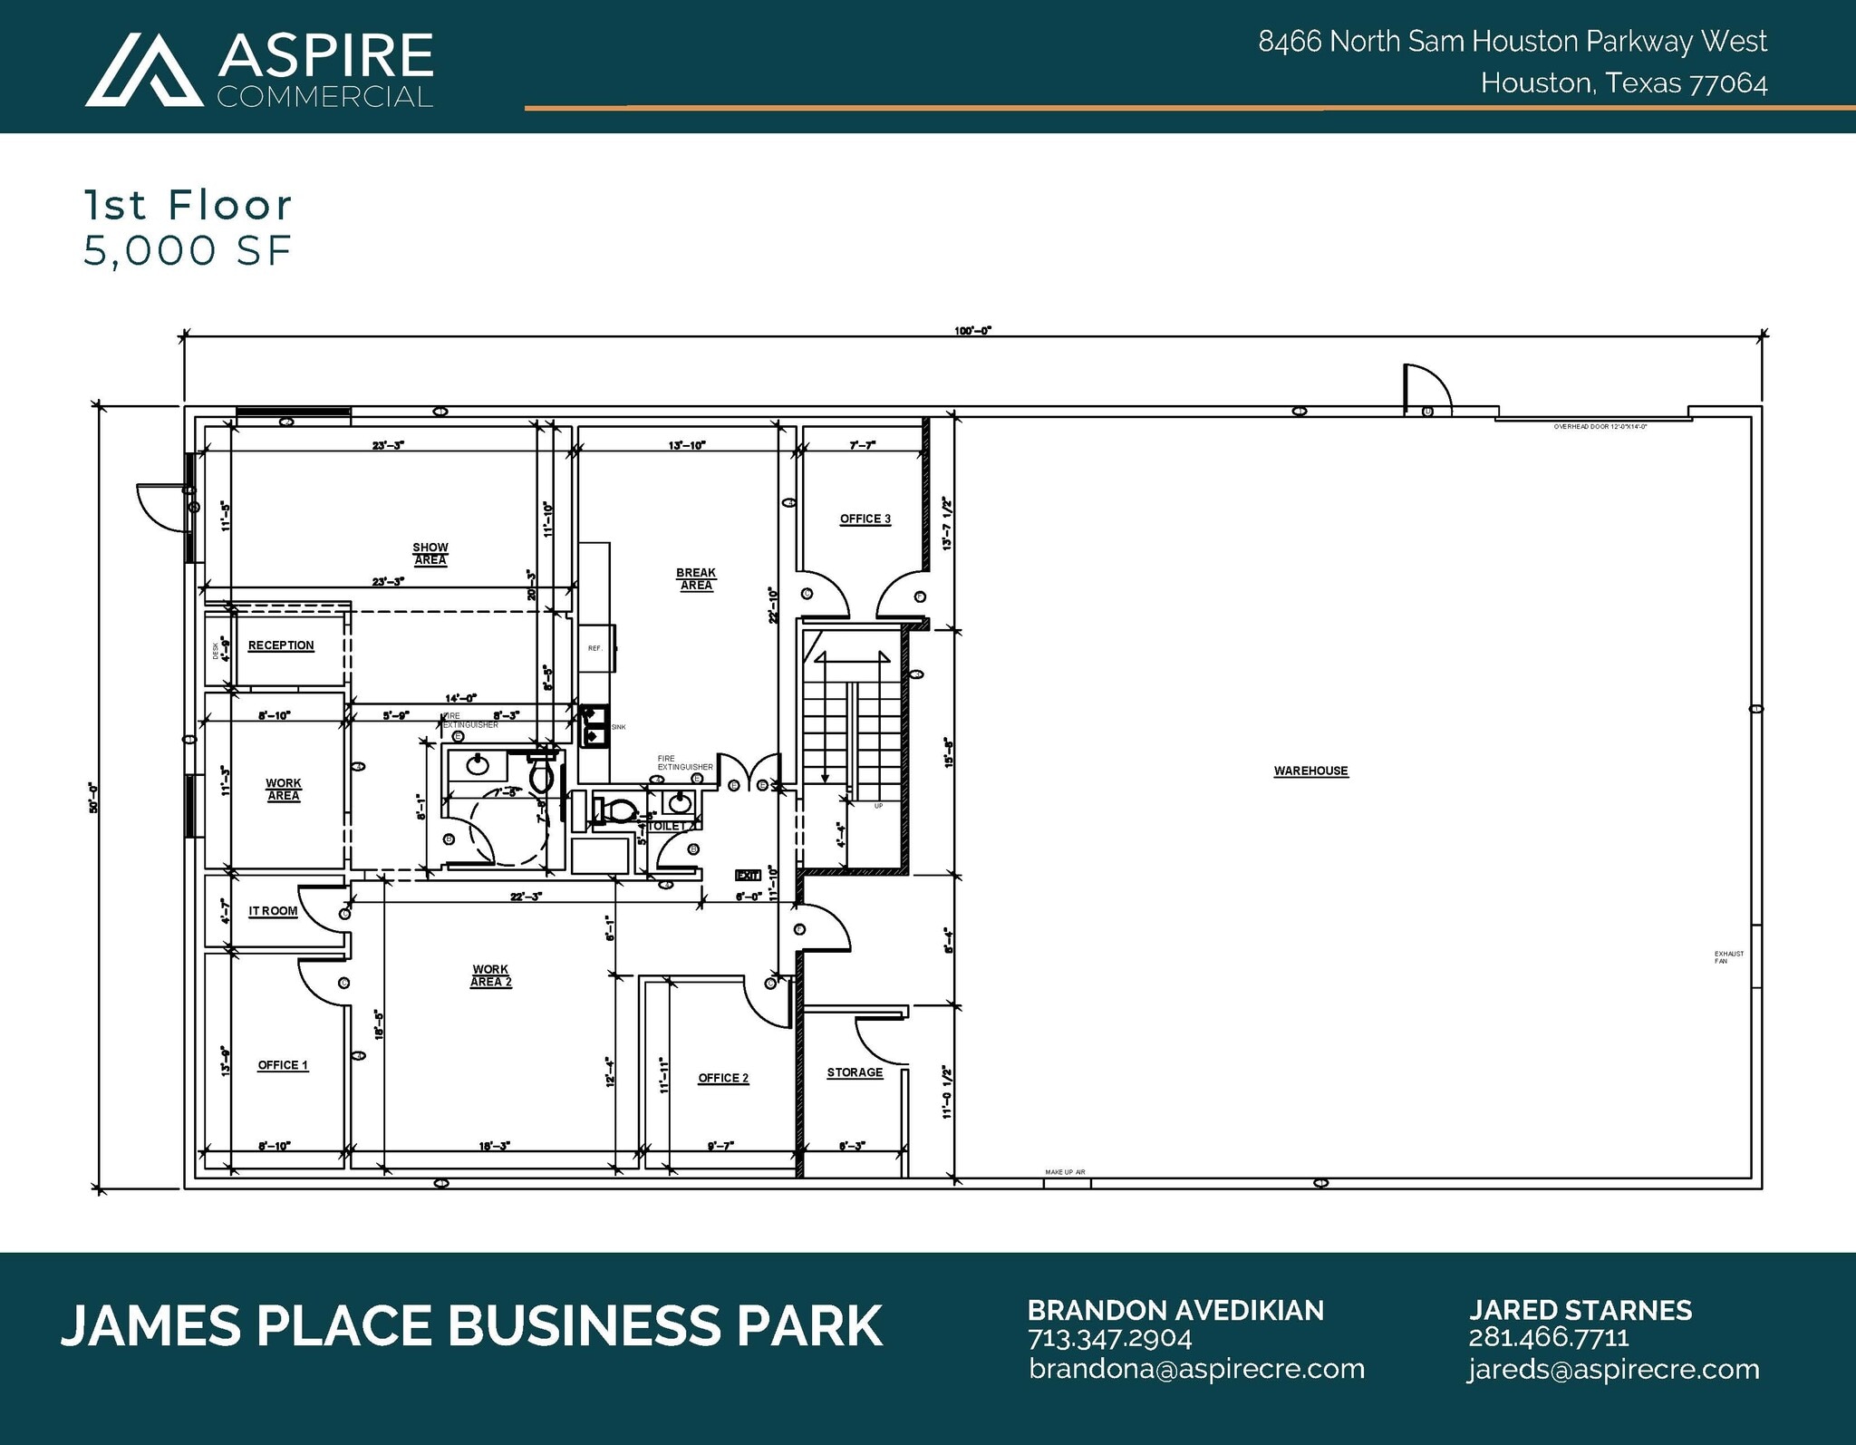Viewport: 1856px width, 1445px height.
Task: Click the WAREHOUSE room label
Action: pyautogui.click(x=1310, y=771)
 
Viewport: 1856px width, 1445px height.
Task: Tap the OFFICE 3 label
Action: pyautogui.click(x=865, y=519)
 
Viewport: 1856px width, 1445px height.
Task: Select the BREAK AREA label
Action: pyautogui.click(x=696, y=578)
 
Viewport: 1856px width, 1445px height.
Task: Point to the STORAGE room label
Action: pyautogui.click(x=854, y=1072)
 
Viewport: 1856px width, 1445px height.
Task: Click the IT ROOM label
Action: pyautogui.click(x=273, y=911)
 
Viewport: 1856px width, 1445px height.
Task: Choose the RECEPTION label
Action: pyautogui.click(x=281, y=645)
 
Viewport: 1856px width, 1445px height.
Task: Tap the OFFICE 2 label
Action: pyautogui.click(x=723, y=1078)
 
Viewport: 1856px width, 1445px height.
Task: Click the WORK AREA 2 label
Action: pyautogui.click(x=490, y=975)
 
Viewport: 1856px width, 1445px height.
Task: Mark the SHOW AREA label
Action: pyautogui.click(x=430, y=553)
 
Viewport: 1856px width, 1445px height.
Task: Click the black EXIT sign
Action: pyautogui.click(x=748, y=876)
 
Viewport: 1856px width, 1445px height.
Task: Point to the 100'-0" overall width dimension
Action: pyautogui.click(x=972, y=331)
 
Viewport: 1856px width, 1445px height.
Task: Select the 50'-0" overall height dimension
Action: pyautogui.click(x=93, y=797)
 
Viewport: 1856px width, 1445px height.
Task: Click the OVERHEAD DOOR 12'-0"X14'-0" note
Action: pyautogui.click(x=1600, y=426)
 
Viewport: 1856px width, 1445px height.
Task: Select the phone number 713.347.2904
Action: pyautogui.click(x=1109, y=1338)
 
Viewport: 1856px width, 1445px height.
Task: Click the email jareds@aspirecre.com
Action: pyautogui.click(x=1613, y=1369)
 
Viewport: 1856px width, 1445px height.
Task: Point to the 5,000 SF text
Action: pyautogui.click(x=188, y=251)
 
